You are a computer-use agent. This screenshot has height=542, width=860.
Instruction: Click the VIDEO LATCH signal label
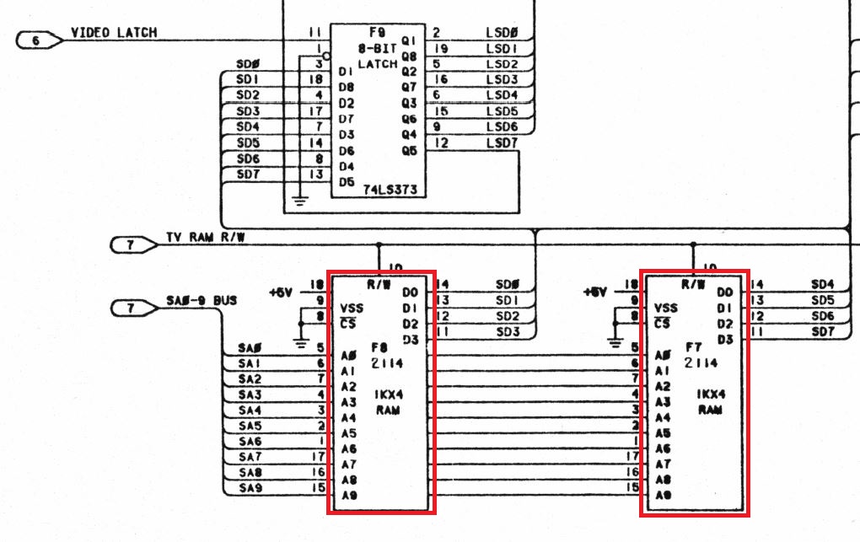pos(114,33)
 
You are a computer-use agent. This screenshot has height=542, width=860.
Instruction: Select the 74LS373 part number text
pos(389,191)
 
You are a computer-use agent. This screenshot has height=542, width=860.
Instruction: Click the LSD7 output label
pos(502,143)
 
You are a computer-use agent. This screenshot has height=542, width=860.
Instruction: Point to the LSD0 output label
pos(502,33)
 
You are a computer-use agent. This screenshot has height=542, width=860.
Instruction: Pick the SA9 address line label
pos(250,489)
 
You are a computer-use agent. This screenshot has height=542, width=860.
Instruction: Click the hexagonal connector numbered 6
pos(38,39)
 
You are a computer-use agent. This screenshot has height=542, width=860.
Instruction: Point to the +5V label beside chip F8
pos(282,292)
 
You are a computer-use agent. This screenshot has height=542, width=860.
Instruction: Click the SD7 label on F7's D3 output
pos(822,333)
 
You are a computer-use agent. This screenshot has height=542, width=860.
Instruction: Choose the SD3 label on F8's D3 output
pos(508,333)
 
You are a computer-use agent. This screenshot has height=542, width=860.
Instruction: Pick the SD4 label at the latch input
pos(248,127)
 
